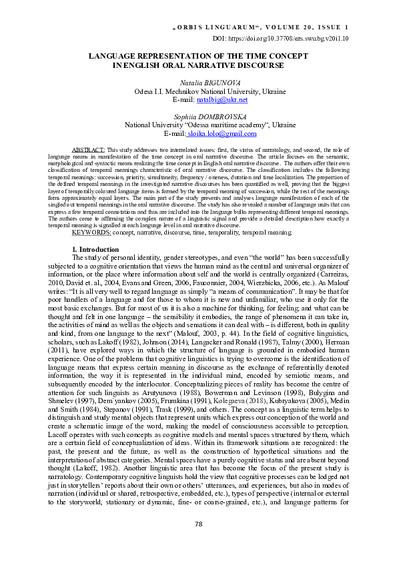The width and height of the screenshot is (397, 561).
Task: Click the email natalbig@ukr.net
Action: (x=222, y=100)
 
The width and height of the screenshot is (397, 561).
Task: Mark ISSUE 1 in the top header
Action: (x=337, y=27)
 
